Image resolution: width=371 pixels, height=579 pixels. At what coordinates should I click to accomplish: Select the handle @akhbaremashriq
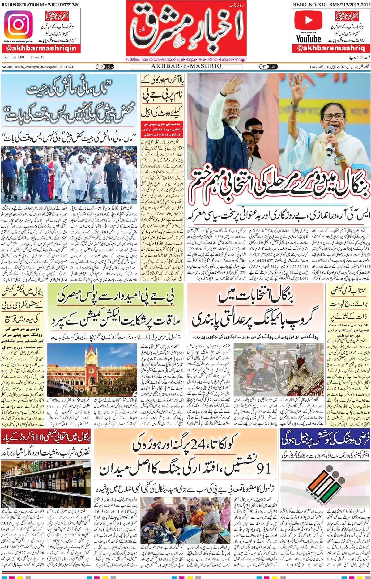331,48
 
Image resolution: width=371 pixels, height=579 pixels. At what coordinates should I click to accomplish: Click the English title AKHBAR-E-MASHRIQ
186,66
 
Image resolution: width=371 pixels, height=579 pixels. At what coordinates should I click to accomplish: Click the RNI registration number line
40,5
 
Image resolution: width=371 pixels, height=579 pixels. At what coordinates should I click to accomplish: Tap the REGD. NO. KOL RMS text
331,5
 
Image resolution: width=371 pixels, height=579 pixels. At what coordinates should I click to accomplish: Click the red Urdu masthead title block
186,29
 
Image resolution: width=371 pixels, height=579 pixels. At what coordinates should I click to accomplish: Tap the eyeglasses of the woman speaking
333,117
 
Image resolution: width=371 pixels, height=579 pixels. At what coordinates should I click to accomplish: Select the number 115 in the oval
100,66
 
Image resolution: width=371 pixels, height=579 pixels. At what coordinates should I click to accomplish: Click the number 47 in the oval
264,66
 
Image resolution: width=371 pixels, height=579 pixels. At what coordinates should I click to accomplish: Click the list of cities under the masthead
186,59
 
